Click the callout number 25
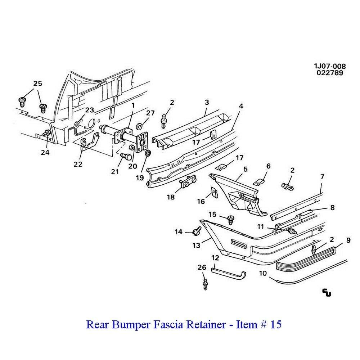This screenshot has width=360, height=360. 38,84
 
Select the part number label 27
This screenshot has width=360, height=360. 150,113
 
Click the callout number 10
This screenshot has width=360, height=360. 262,274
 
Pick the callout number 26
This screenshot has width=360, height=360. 202,267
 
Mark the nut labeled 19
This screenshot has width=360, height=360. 147,154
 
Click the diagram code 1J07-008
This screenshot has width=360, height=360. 329,66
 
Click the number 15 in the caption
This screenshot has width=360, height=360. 276,325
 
